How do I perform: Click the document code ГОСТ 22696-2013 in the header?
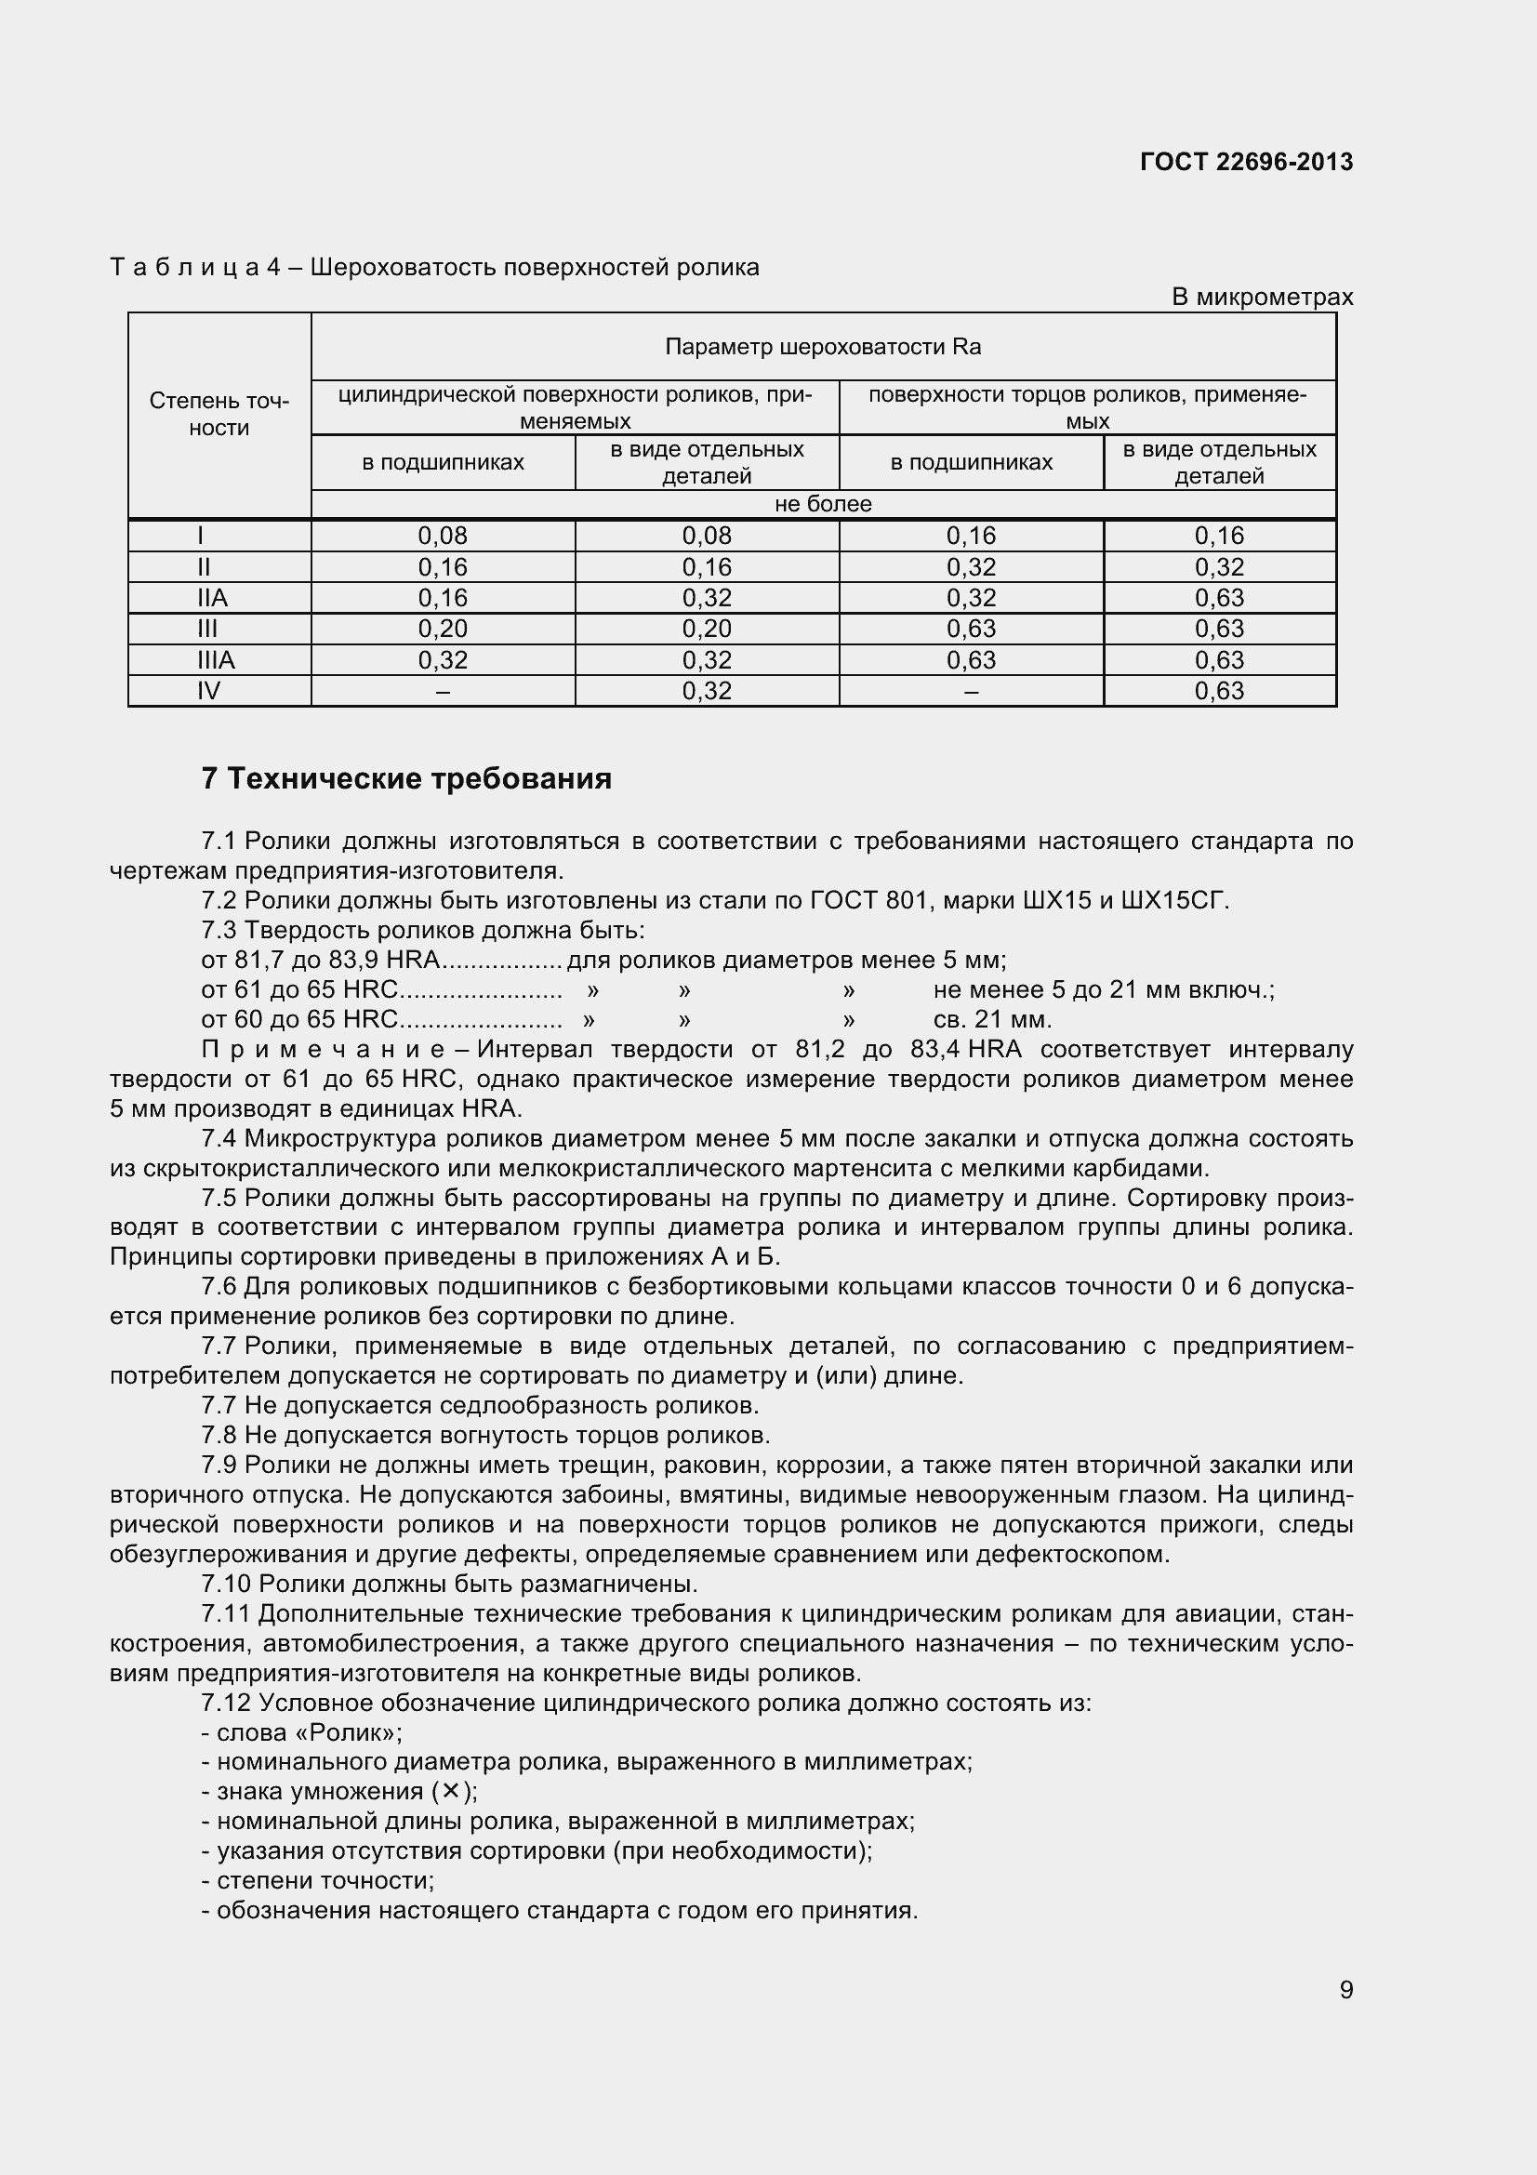pyautogui.click(x=1246, y=162)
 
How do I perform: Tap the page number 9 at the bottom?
pyautogui.click(x=1345, y=1989)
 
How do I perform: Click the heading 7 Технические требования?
pyautogui.click(x=406, y=778)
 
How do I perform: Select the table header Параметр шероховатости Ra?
pyautogui.click(x=822, y=347)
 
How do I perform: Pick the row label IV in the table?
pyautogui.click(x=208, y=691)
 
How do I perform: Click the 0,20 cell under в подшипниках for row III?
pyautogui.click(x=443, y=629)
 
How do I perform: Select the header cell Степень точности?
pyautogui.click(x=219, y=414)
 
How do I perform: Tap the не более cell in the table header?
pyautogui.click(x=822, y=504)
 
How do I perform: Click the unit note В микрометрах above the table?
pyautogui.click(x=1262, y=297)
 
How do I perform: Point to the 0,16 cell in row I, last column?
pyautogui.click(x=1219, y=537)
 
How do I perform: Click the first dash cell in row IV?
pyautogui.click(x=443, y=692)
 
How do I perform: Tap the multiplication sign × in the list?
pyautogui.click(x=451, y=1790)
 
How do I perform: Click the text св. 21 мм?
pyautogui.click(x=991, y=1019)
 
